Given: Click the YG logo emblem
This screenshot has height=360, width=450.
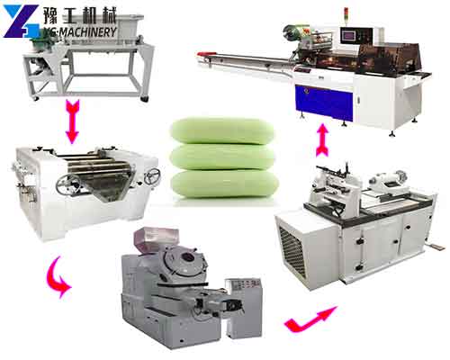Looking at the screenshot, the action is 22,21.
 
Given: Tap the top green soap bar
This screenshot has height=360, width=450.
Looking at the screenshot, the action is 222,130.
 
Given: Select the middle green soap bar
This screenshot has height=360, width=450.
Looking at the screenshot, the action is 222,157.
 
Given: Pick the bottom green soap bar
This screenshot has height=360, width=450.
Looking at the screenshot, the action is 224,184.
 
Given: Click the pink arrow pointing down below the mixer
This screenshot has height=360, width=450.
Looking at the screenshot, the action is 72,121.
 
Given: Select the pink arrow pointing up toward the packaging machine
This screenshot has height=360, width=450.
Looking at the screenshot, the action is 322,139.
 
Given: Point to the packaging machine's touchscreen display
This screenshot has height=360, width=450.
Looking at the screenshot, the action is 348,36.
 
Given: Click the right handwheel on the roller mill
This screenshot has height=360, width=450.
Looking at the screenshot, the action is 152,176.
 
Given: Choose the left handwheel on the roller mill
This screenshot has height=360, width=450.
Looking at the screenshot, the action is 68,184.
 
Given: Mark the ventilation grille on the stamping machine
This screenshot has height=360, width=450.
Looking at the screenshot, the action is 292,250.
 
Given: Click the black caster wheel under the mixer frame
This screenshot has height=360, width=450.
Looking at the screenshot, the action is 145,99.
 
